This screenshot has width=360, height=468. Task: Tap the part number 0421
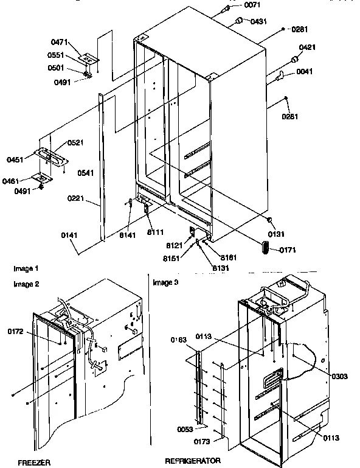pos(307,47)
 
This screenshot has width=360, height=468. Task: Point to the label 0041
pos(305,72)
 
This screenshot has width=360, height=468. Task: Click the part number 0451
pos(15,159)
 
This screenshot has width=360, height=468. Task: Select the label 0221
pos(76,198)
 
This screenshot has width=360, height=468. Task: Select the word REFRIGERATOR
pos(192,461)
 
